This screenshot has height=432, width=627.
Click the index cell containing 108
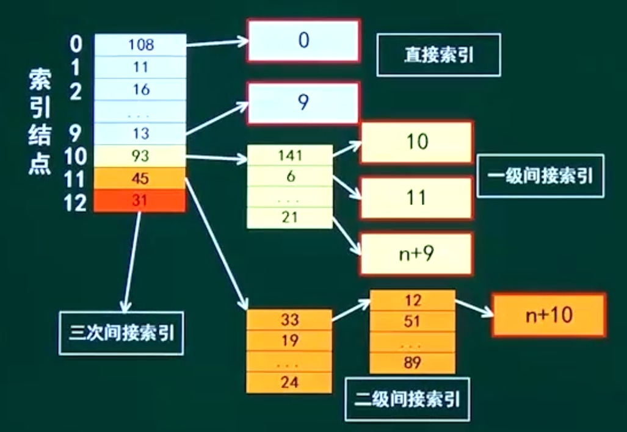[140, 45]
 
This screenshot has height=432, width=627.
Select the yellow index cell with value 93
[140, 156]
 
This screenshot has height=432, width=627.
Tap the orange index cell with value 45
[140, 179]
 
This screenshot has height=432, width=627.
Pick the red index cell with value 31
[140, 201]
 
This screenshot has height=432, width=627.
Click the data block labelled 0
[303, 40]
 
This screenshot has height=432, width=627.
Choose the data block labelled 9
[303, 103]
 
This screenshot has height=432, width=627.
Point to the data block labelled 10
[416, 142]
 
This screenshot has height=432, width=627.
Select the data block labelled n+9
[416, 253]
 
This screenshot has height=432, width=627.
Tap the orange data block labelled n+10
[548, 315]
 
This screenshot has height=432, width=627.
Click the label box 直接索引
[438, 55]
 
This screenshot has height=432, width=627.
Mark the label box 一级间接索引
[540, 176]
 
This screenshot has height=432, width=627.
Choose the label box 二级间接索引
[407, 399]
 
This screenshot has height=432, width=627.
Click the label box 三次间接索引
[121, 333]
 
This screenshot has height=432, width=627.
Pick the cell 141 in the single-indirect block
[290, 156]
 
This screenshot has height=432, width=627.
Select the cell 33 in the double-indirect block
[289, 319]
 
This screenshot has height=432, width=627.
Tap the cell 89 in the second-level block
[413, 363]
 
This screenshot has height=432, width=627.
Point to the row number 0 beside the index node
[76, 44]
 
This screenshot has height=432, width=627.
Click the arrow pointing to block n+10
[474, 308]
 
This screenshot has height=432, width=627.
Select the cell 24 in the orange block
[289, 383]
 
